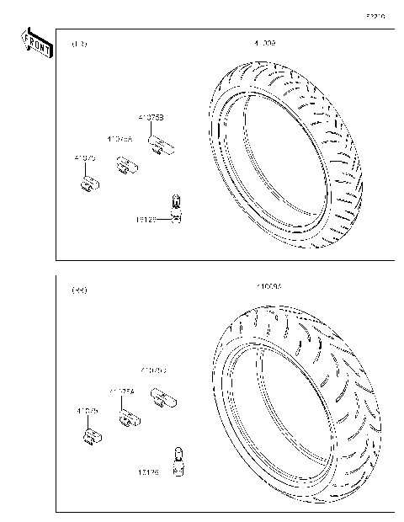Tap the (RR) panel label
tap(80, 290)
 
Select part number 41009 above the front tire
tap(264, 42)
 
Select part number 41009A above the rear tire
tap(269, 287)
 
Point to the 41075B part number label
tap(151, 118)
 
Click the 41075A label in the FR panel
tap(120, 137)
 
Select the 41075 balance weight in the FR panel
tap(90, 183)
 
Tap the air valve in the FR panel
tap(176, 205)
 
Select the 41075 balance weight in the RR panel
tap(92, 435)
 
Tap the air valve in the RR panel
tap(178, 461)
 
